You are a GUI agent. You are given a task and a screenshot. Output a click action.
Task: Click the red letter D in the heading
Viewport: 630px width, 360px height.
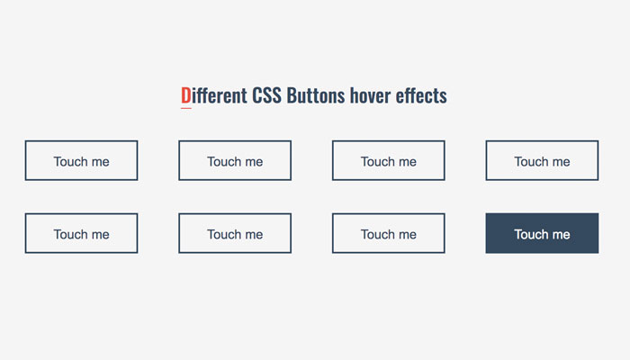pyautogui.click(x=185, y=95)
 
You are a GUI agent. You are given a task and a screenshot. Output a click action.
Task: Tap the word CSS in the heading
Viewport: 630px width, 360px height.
pyautogui.click(x=266, y=95)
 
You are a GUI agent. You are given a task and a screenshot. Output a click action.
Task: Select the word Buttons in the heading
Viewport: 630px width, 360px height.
pyautogui.click(x=316, y=95)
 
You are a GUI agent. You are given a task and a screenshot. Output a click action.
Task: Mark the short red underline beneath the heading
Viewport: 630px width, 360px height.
pyautogui.click(x=186, y=108)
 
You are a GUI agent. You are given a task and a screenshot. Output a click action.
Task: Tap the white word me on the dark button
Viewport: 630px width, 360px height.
pyautogui.click(x=562, y=235)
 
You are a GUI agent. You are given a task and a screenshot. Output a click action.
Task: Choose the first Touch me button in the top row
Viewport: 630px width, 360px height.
pyautogui.click(x=81, y=160)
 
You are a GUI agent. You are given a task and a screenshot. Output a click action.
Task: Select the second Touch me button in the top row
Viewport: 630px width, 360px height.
pyautogui.click(x=235, y=160)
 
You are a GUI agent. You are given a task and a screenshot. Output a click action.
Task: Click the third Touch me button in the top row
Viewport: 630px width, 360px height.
pyautogui.click(x=389, y=160)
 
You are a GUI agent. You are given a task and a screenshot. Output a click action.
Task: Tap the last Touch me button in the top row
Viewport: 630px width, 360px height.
pyautogui.click(x=542, y=160)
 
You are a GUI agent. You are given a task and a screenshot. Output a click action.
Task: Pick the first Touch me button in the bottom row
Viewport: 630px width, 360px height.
pyautogui.click(x=81, y=233)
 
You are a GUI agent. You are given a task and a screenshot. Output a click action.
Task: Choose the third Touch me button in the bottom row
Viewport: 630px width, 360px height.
pyautogui.click(x=389, y=233)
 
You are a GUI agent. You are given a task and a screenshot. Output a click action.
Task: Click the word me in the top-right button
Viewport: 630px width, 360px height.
pyautogui.click(x=562, y=162)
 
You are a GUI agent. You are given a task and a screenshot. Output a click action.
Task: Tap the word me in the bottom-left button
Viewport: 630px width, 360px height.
pyautogui.click(x=101, y=235)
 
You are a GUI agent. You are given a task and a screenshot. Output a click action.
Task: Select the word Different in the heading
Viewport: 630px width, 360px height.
pyautogui.click(x=214, y=95)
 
